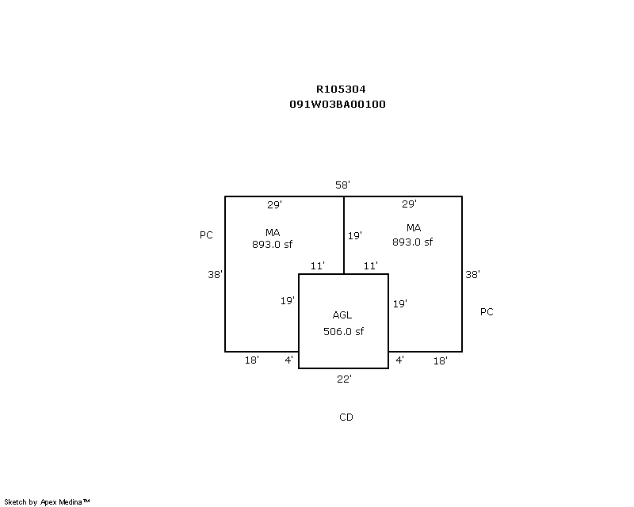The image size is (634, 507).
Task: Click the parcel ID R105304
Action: pos(341,89)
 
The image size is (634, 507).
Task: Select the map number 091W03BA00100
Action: pos(338,104)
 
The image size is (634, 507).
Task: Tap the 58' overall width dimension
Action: pos(342,185)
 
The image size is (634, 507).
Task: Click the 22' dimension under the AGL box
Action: pos(344,379)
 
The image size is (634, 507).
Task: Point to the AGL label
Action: pos(342,315)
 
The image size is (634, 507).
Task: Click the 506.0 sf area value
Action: pos(343,332)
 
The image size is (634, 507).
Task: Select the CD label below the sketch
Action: pos(346,417)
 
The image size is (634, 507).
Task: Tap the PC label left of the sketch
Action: pos(206,235)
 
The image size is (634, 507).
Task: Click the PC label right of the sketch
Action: pos(487,311)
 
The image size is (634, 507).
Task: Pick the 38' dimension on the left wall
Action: pos(215,275)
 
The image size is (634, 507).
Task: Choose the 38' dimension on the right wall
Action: pos(472,275)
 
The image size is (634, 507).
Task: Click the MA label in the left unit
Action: pos(273,232)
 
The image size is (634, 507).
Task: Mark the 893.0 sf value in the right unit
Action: pos(412,242)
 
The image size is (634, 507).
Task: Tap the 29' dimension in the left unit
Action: pos(274,204)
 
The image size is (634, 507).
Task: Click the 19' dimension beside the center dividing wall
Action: pos(354,235)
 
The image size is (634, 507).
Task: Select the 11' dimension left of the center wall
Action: pos(318,265)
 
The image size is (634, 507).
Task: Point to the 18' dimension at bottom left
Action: pos(251,360)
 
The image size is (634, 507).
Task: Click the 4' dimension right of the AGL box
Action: pos(399,360)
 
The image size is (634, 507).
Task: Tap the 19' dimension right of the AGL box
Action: pos(400,303)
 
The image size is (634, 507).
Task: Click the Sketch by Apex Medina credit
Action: pos(47,502)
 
